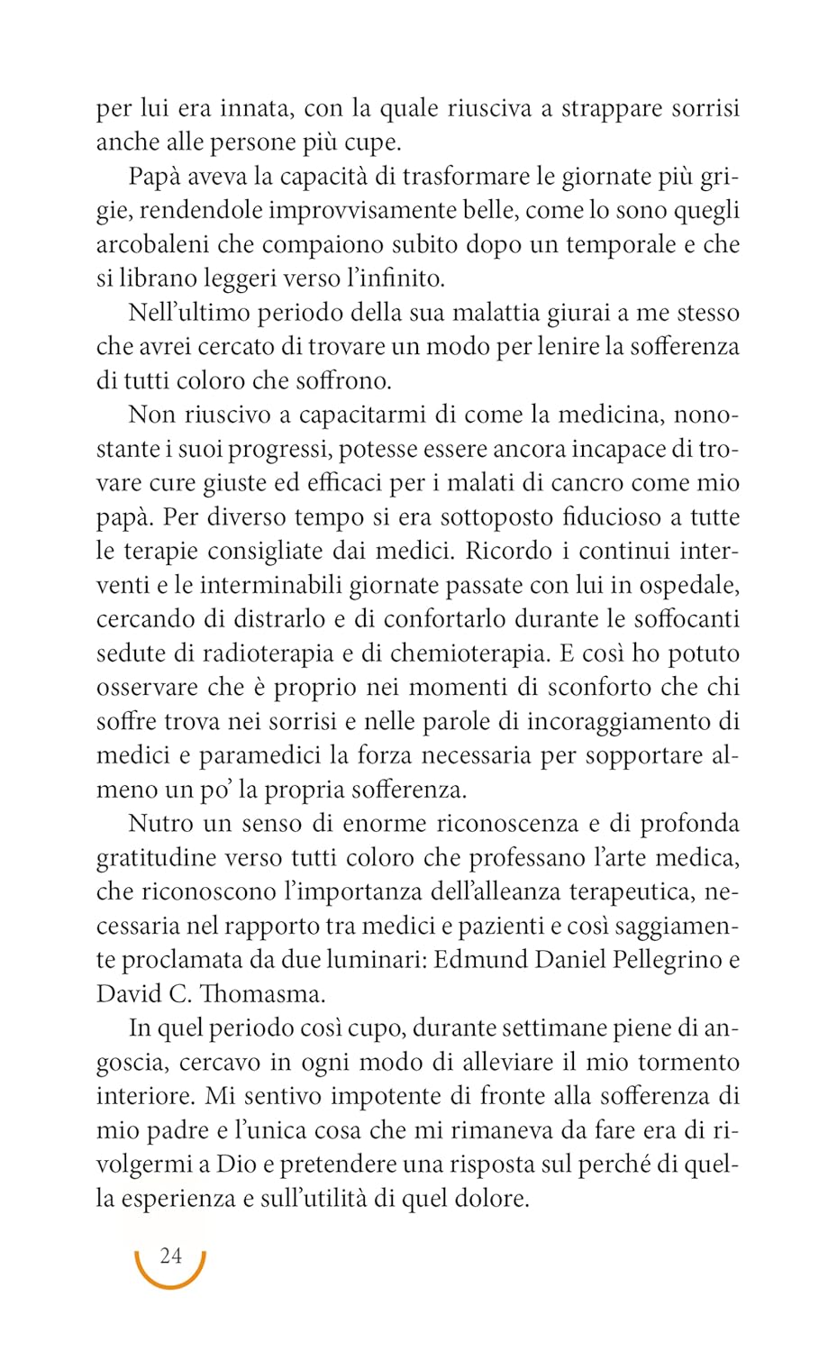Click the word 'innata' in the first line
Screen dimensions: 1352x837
[254, 108]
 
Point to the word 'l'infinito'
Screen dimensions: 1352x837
[389, 279]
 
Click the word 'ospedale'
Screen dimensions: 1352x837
[688, 585]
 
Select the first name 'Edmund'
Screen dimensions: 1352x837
[479, 959]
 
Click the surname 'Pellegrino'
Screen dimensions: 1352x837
[665, 959]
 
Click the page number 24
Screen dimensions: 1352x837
[170, 1256]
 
